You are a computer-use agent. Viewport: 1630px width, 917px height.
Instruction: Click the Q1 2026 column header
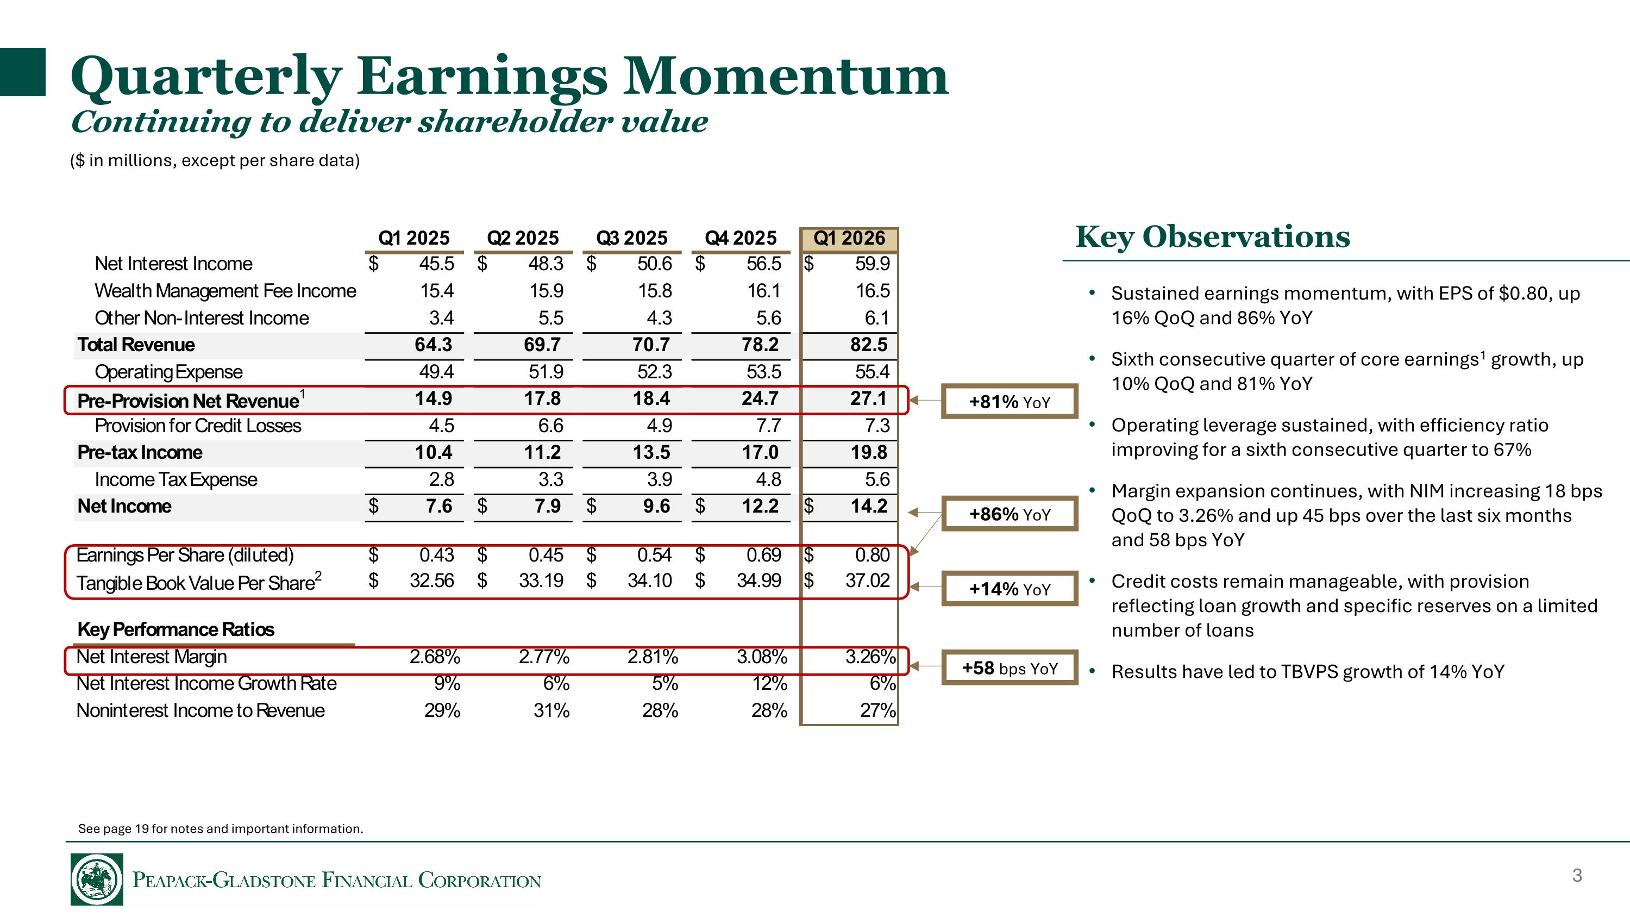point(849,239)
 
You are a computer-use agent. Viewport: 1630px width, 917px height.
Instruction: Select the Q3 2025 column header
point(631,239)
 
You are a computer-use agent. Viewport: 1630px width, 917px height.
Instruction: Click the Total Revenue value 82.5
point(868,345)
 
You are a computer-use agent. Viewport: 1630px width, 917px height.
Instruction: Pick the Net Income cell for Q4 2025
point(760,506)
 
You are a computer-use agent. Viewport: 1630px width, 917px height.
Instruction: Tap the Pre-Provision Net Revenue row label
point(188,401)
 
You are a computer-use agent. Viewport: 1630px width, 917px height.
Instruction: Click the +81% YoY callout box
point(1010,402)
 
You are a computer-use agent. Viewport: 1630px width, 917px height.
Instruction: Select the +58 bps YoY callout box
point(1010,668)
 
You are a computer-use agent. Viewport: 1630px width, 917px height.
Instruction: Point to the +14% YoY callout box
point(1010,589)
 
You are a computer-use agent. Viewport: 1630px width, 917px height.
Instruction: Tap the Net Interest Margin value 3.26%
point(870,657)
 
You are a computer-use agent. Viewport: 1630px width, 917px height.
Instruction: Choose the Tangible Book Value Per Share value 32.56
point(431,581)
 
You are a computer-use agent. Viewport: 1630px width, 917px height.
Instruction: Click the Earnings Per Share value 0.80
point(872,556)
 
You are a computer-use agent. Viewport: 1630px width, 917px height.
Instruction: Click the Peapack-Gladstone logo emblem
point(97,879)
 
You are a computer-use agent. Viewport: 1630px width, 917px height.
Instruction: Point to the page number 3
point(1577,876)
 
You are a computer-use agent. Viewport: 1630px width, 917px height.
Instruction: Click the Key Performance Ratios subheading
point(176,629)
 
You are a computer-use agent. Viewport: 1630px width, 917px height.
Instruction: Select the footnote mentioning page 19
point(220,829)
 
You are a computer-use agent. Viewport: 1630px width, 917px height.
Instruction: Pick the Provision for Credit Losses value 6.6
point(550,426)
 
